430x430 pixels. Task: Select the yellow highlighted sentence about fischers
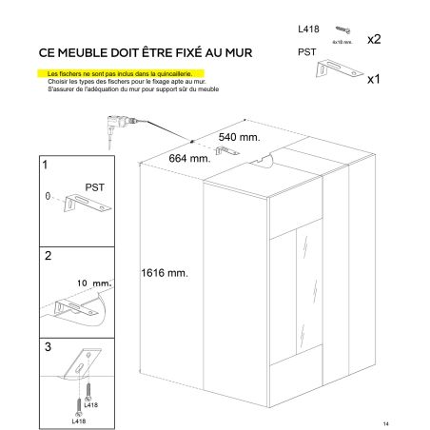point(120,74)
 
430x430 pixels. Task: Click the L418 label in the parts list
point(308,29)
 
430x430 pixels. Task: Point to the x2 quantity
point(374,39)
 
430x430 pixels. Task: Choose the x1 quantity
point(374,79)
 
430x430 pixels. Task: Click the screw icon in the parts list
point(342,30)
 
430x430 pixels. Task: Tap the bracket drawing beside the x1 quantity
point(340,68)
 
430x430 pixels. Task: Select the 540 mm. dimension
point(239,137)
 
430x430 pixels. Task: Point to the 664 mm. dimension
point(189,158)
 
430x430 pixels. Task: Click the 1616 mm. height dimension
point(165,273)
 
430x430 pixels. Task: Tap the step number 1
point(45,165)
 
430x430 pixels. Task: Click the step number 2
point(48,256)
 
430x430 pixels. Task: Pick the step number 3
point(48,347)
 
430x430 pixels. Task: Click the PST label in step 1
point(94,187)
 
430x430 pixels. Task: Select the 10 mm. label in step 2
point(94,283)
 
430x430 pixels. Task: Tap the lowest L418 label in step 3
point(79,421)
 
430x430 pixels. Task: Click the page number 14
point(385,424)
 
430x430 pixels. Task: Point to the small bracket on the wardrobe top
point(227,150)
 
